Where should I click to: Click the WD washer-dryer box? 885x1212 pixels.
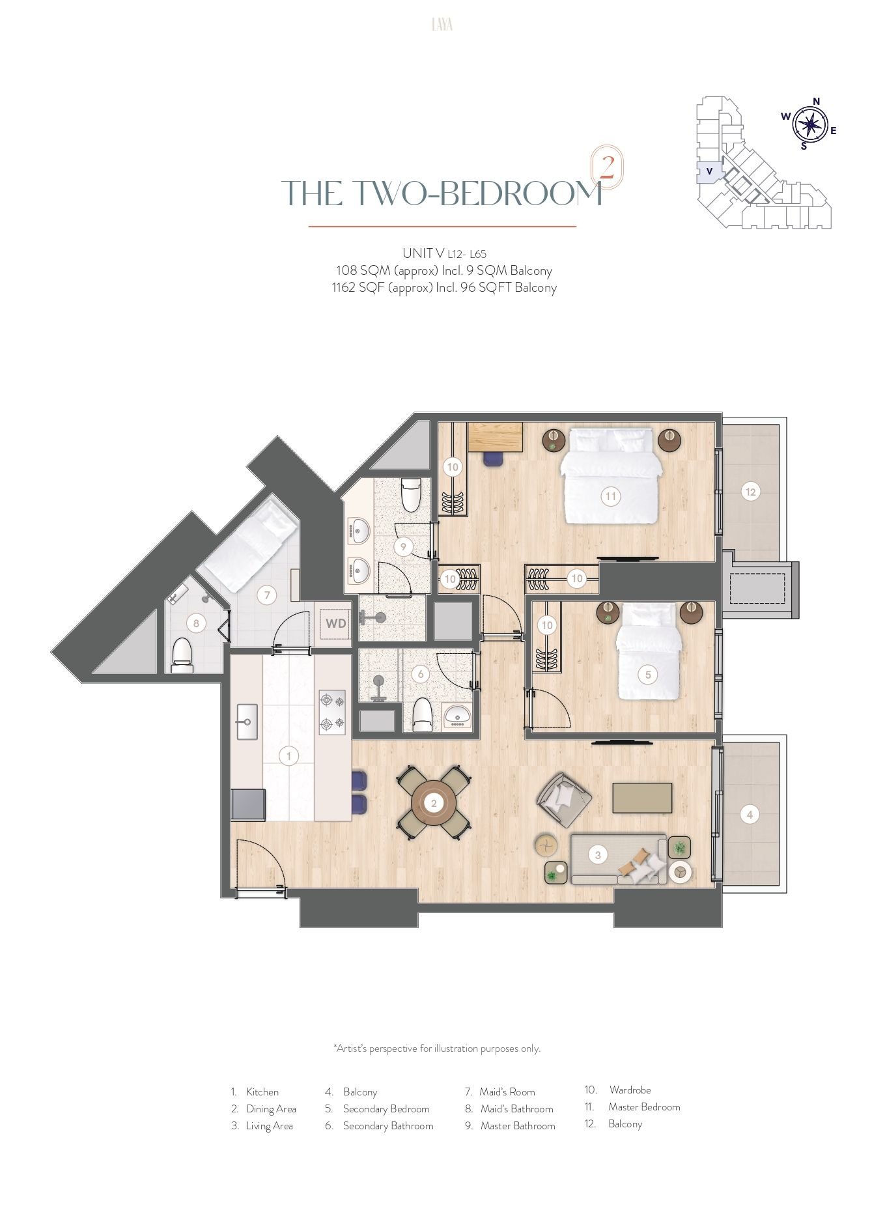335,623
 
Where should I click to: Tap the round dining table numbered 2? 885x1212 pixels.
434,803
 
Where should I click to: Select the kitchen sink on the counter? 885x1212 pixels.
247,722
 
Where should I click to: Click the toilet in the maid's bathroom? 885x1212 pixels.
182,655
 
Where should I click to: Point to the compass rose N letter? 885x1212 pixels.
816,101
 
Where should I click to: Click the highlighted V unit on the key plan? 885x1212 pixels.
709,172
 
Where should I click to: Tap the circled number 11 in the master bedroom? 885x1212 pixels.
610,496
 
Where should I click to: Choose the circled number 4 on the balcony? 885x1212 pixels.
750,814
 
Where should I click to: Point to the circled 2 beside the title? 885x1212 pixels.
606,167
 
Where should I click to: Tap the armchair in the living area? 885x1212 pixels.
563,800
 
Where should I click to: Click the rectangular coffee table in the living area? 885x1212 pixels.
642,798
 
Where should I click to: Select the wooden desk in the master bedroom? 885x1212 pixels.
496,437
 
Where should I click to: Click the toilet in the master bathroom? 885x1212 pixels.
410,494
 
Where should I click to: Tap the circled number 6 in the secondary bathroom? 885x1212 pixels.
421,674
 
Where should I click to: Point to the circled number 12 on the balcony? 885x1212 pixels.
750,492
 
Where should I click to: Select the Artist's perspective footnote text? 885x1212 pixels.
437,1049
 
